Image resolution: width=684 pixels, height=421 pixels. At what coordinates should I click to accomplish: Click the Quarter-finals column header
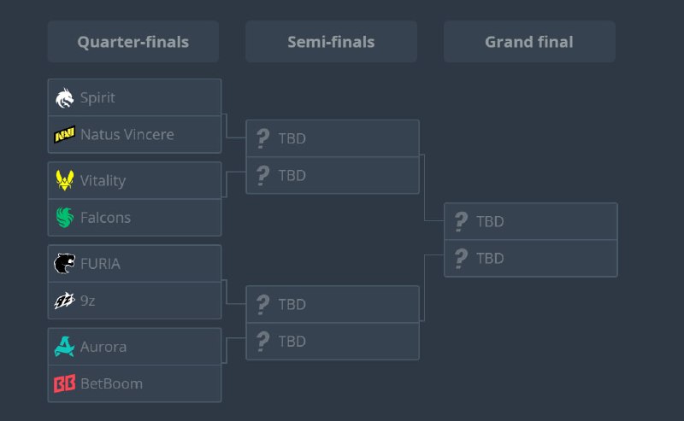click(133, 42)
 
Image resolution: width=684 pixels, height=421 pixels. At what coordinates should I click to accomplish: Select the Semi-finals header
click(331, 42)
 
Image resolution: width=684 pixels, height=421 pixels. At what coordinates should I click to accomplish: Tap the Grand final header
click(529, 42)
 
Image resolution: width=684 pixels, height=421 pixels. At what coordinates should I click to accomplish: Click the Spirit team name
click(97, 98)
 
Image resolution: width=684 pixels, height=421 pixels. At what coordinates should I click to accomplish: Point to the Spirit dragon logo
click(65, 98)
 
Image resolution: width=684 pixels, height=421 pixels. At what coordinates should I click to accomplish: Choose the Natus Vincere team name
click(127, 134)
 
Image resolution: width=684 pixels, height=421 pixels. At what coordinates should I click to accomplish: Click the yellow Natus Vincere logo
click(65, 134)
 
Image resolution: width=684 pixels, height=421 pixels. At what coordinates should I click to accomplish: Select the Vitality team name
click(103, 181)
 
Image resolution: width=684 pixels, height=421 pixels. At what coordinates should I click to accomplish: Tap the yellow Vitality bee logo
click(65, 180)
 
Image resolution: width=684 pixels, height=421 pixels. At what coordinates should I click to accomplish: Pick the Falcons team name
click(105, 218)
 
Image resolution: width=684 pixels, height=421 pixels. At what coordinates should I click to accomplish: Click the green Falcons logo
click(65, 218)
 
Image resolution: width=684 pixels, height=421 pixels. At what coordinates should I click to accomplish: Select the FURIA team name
click(100, 264)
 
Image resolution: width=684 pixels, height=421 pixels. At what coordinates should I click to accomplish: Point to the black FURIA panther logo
click(65, 264)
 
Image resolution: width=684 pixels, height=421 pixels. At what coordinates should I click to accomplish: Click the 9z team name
click(88, 301)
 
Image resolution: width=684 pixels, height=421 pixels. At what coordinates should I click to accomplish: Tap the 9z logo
click(65, 301)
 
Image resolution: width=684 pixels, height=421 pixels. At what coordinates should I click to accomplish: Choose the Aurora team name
click(103, 347)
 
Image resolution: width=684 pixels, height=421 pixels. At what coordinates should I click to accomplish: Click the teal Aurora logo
click(65, 347)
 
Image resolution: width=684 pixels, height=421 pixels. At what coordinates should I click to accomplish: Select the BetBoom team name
click(112, 383)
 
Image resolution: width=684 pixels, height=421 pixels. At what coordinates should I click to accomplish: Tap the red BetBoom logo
click(65, 383)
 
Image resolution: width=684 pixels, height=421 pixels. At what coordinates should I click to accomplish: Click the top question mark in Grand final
click(461, 221)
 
